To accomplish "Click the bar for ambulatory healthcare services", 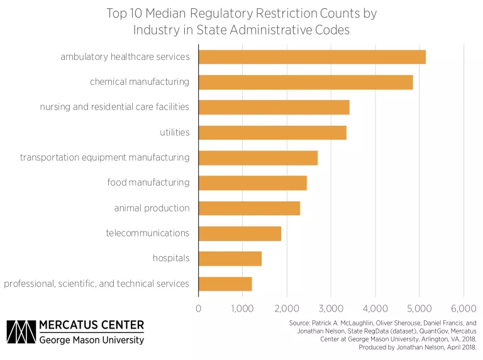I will pyautogui.click(x=312, y=57).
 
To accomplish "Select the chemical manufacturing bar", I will pyautogui.click(x=306, y=82).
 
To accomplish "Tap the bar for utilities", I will pyautogui.click(x=272, y=132).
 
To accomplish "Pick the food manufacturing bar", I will pyautogui.click(x=253, y=183).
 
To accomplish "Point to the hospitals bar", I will pyautogui.click(x=230, y=258).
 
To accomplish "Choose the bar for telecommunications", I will pyautogui.click(x=240, y=233).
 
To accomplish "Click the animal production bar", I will pyautogui.click(x=249, y=208).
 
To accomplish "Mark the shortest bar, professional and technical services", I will pyautogui.click(x=225, y=283).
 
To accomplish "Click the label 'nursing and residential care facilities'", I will pyautogui.click(x=114, y=106).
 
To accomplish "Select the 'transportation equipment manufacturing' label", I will pyautogui.click(x=104, y=157).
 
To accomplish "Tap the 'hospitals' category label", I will pyautogui.click(x=171, y=258).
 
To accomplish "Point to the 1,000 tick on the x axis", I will pyautogui.click(x=243, y=308).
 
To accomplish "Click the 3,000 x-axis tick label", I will pyautogui.click(x=331, y=308).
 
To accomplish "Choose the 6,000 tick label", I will pyautogui.click(x=464, y=308).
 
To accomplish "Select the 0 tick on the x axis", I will pyautogui.click(x=199, y=308).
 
